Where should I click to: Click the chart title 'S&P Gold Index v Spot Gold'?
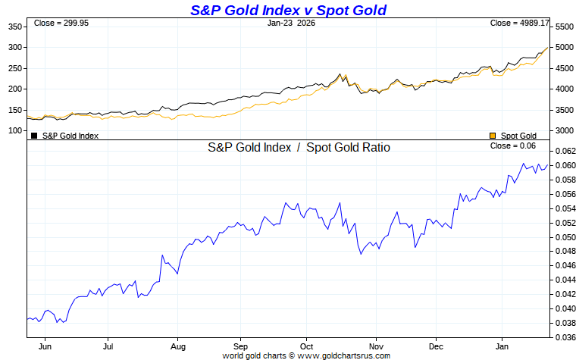coord(288,10)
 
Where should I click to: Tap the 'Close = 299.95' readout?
coord(60,23)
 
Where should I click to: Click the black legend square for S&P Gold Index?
coord(34,136)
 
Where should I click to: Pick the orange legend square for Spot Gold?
coord(493,136)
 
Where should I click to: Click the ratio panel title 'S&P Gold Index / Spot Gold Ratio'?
coord(299,148)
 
